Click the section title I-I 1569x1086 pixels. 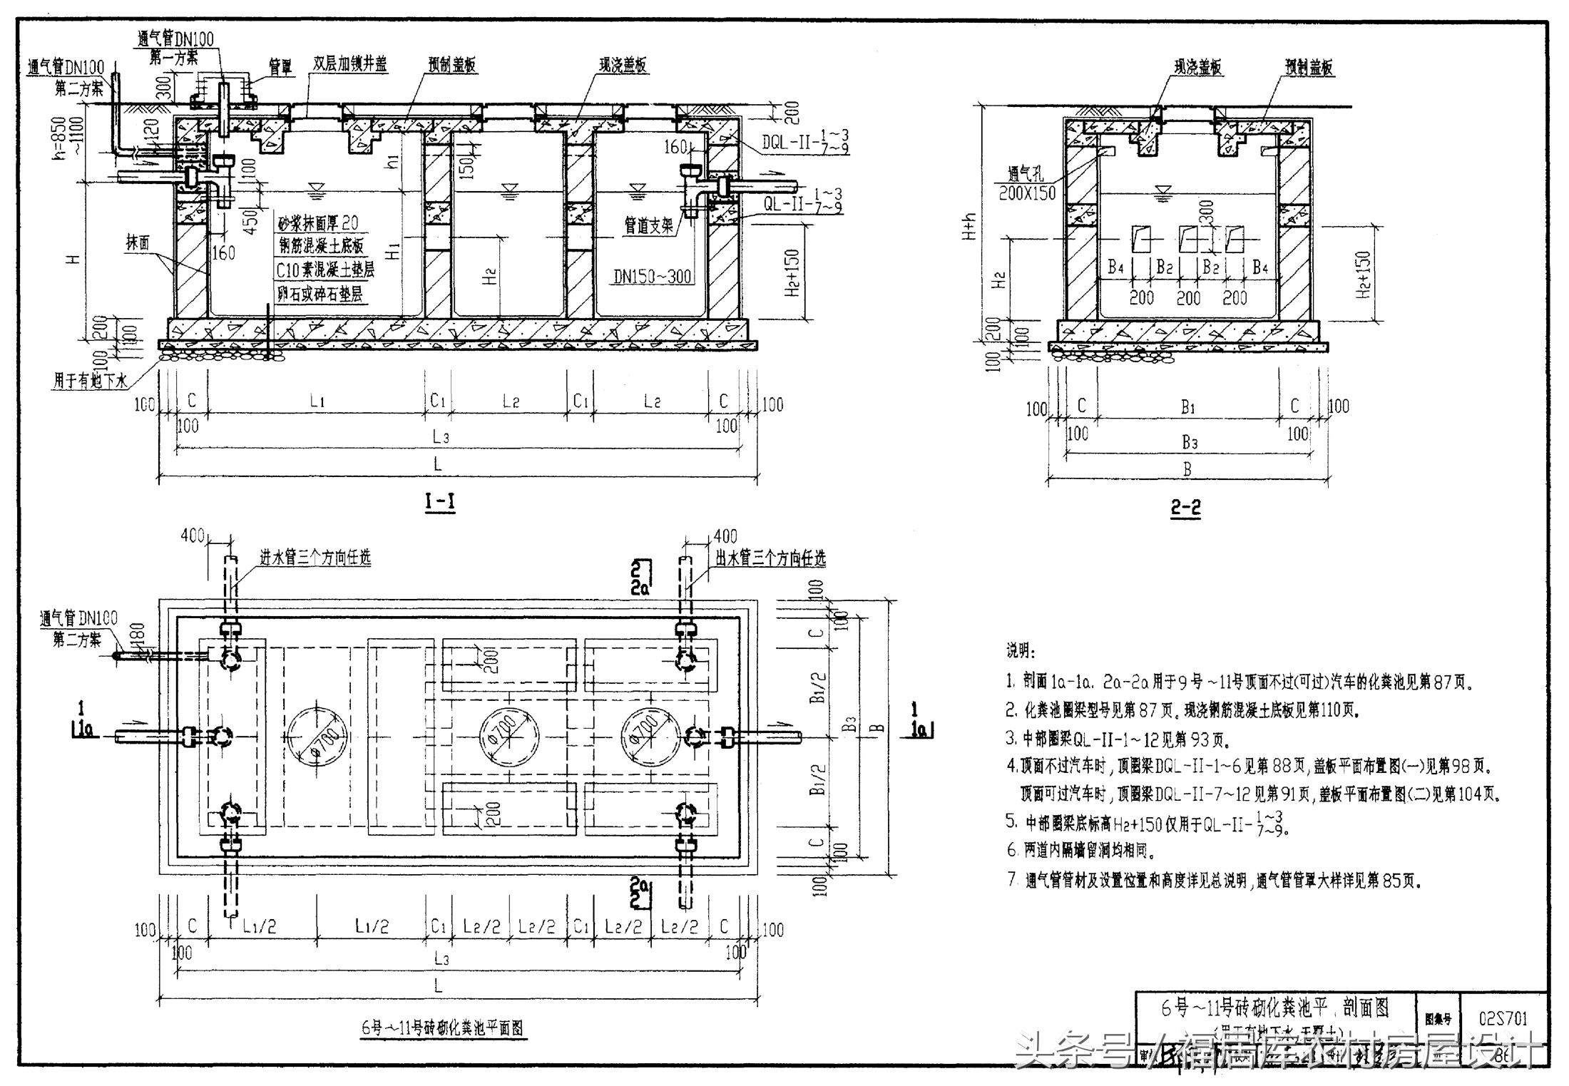[440, 501]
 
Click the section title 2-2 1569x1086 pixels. [1185, 508]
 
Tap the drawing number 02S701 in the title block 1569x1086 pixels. [1503, 1018]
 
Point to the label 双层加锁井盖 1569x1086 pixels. [349, 64]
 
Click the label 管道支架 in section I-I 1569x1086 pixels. [649, 226]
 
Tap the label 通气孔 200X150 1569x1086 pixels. [1027, 183]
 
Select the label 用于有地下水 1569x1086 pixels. [90, 381]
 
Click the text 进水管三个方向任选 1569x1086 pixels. [315, 558]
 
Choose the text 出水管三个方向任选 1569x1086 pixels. [771, 558]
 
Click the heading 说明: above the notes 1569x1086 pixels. [1021, 650]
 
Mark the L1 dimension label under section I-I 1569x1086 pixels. [317, 401]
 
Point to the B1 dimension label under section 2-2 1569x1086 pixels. [1187, 407]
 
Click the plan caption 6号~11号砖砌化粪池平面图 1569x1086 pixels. [443, 1028]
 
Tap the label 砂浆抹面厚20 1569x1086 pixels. [318, 223]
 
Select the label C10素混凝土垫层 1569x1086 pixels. [325, 270]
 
